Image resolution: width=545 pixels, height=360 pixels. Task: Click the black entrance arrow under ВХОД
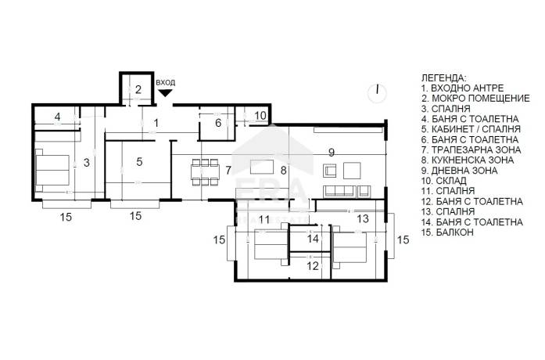tap(165, 93)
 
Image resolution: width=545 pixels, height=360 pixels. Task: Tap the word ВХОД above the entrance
tap(166, 83)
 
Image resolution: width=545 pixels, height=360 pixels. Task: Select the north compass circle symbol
tap(377, 92)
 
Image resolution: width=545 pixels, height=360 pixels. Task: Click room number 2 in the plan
tap(138, 89)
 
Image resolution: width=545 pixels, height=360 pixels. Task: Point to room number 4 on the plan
tap(57, 117)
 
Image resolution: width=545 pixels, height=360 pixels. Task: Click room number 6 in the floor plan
tap(218, 123)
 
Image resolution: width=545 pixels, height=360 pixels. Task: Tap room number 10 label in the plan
tap(260, 115)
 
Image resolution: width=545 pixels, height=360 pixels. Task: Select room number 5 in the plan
tap(139, 162)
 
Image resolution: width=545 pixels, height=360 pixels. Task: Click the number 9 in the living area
tap(332, 153)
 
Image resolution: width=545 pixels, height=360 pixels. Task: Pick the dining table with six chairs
tap(205, 172)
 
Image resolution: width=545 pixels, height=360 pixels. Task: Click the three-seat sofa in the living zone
tap(339, 191)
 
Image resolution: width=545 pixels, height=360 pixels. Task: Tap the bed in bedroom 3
tap(52, 170)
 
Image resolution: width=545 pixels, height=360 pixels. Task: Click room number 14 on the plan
tap(313, 239)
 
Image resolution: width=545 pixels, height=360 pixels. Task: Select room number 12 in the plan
tap(313, 266)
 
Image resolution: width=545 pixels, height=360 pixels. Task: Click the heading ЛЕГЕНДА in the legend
tap(444, 78)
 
